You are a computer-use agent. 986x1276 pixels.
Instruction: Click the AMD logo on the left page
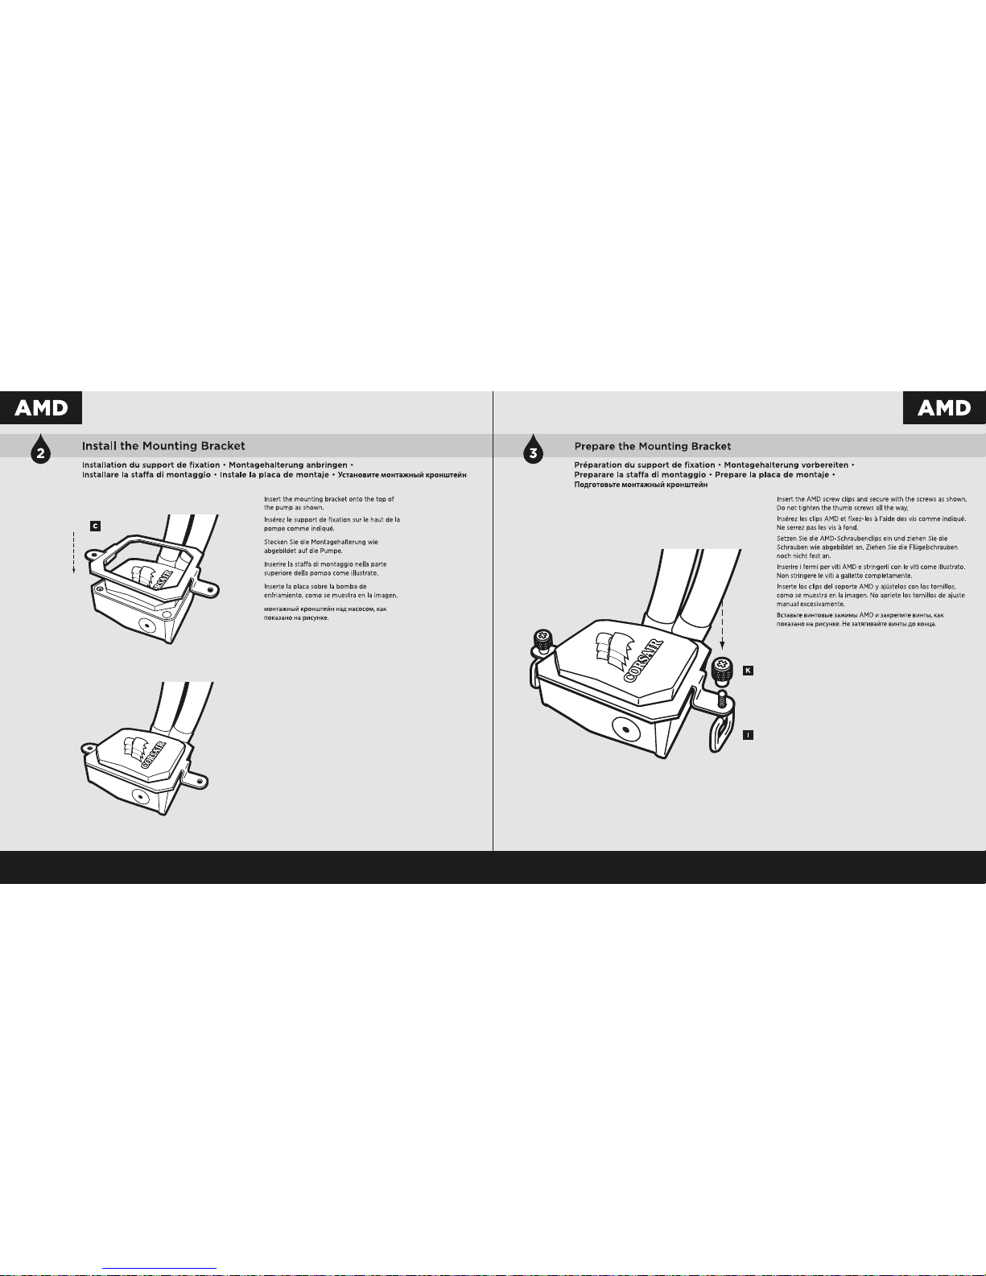click(41, 407)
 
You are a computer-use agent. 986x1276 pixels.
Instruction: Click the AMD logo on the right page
click(944, 407)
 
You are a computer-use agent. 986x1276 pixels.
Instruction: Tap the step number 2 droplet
click(40, 449)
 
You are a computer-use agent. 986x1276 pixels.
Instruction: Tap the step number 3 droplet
click(533, 449)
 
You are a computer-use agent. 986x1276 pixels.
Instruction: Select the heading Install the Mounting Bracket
click(163, 446)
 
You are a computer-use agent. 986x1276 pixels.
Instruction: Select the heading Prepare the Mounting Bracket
click(653, 446)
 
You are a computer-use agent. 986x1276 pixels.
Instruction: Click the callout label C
click(95, 527)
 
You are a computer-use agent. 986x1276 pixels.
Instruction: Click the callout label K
click(748, 671)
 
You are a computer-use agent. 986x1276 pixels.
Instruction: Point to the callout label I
click(748, 734)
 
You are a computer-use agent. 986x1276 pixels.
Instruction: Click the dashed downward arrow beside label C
click(74, 552)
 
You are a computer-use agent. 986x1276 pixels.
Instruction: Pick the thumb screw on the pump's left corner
click(543, 642)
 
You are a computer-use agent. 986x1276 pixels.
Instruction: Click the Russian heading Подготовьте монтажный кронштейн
click(641, 485)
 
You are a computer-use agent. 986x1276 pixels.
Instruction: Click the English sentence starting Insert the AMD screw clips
click(872, 503)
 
